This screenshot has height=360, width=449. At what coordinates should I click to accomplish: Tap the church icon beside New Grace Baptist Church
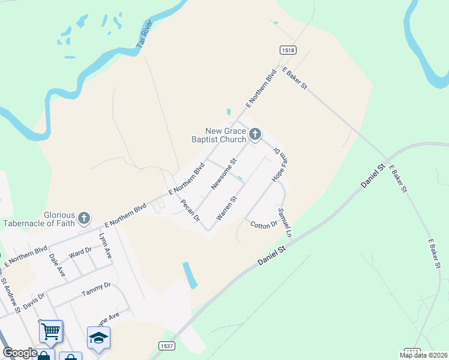click(255, 134)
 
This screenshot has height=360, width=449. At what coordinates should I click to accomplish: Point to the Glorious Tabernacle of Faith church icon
click(85, 217)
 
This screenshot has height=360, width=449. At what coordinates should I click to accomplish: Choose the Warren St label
click(227, 207)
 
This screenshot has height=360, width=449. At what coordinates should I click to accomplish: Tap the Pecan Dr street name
click(190, 211)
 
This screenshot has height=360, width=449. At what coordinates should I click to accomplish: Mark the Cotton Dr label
click(264, 224)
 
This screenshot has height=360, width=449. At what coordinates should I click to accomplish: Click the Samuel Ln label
click(284, 222)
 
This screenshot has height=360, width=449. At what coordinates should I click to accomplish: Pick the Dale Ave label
click(57, 264)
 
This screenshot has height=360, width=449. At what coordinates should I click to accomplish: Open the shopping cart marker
click(50, 330)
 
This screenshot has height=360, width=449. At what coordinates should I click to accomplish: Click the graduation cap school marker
click(98, 337)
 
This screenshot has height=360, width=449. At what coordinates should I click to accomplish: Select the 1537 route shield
click(167, 346)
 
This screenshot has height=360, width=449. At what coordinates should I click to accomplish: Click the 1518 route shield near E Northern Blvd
click(288, 50)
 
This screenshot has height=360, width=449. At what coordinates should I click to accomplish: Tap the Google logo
click(20, 353)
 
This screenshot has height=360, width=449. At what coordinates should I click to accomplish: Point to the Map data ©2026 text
click(423, 355)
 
